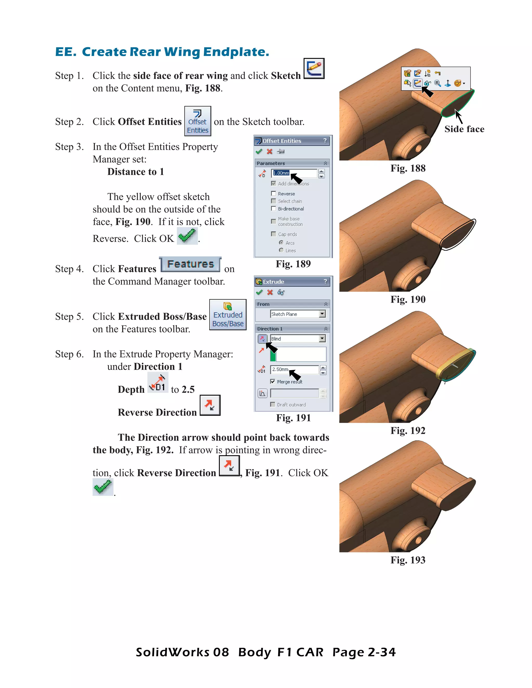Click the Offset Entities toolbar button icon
pos(198,121)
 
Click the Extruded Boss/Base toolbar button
pos(228,315)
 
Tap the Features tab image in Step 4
pos(190,264)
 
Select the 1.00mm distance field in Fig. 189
pos(294,173)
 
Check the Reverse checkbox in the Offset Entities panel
pos(274,193)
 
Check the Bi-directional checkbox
pos(274,208)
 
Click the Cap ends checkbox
pos(274,234)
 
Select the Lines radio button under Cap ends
pos(281,250)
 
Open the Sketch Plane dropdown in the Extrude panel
pos(322,314)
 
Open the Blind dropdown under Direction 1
pos(322,338)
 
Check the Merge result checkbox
pos(272,381)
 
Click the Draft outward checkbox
pos(272,404)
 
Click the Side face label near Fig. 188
pos(464,129)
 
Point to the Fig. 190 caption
pos(408,299)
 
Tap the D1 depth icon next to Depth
pos(158,382)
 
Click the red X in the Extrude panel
pos(270,292)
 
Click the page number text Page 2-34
pos(364,652)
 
